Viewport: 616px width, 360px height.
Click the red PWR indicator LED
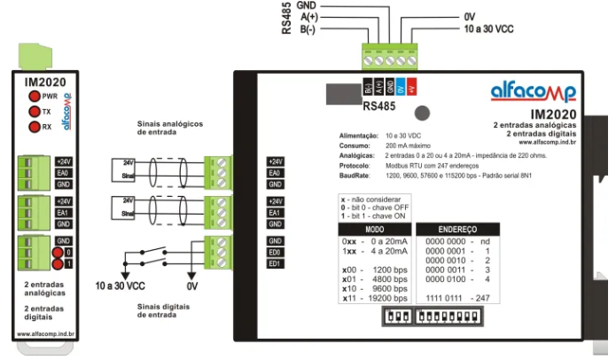(x=34, y=95)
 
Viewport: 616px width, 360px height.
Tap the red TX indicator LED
(x=34, y=112)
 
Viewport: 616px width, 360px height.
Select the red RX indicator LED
(x=34, y=128)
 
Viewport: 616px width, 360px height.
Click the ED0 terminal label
(x=275, y=253)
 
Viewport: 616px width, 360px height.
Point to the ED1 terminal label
(x=275, y=263)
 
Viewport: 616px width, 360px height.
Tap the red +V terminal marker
(x=413, y=87)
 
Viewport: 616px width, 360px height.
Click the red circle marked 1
(x=58, y=263)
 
